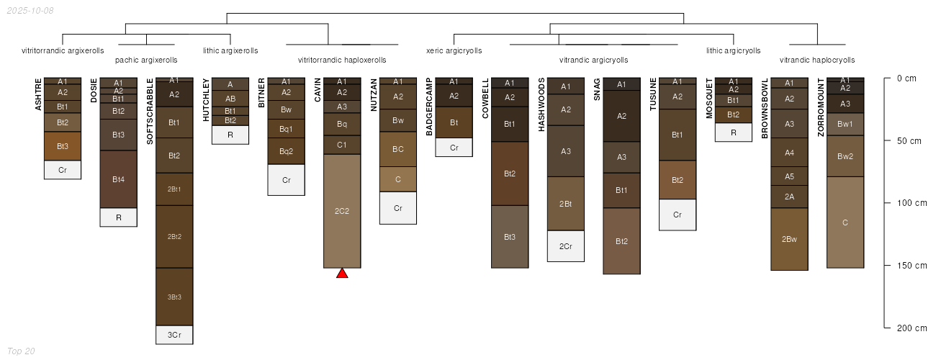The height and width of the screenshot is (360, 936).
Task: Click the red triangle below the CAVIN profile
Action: [x=342, y=273]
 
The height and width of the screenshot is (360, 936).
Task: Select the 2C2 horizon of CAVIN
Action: [x=342, y=211]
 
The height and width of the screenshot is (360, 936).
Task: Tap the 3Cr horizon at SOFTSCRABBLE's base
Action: [x=174, y=335]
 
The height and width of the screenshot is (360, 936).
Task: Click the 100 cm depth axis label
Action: [x=912, y=203]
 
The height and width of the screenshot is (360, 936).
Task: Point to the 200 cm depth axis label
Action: [x=912, y=328]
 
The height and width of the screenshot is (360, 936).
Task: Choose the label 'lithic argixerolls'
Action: [x=230, y=50]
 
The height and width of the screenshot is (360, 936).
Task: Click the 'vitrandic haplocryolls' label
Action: [x=817, y=60]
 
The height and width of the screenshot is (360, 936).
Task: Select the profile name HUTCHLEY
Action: [x=206, y=99]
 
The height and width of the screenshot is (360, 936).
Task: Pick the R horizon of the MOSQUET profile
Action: [x=734, y=132]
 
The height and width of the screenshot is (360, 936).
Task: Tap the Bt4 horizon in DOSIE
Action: [x=118, y=179]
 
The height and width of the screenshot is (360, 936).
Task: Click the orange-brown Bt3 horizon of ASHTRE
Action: [x=62, y=146]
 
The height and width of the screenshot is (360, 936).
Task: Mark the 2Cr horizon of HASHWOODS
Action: [x=565, y=246]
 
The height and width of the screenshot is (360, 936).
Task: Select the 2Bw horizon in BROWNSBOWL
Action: [x=789, y=239]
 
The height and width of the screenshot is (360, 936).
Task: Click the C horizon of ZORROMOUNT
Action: [x=845, y=222]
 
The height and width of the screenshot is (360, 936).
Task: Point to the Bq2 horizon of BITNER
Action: [x=286, y=151]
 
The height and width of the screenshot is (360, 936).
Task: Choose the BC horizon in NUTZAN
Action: [x=397, y=149]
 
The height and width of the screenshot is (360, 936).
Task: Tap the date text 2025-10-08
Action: [x=30, y=11]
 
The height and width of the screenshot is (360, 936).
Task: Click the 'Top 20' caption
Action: [x=21, y=351]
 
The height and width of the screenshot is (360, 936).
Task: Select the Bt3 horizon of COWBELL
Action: [x=509, y=237]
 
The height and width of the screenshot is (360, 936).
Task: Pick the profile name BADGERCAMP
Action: [x=429, y=107]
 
